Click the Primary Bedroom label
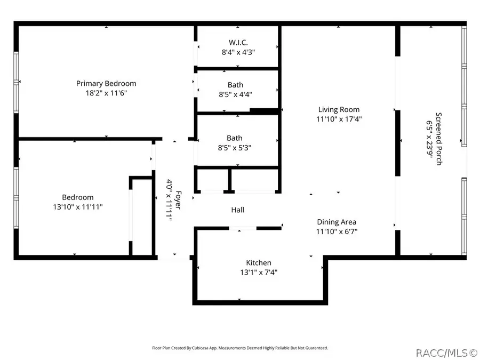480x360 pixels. pos(106,83)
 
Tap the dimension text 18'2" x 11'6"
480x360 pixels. pos(106,93)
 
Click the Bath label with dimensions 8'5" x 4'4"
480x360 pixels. pos(235,85)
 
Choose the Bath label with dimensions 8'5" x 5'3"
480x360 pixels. pos(235,138)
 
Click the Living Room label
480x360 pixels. pos(339,110)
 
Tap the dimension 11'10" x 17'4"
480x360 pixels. pos(339,119)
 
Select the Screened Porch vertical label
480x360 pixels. pos(438,139)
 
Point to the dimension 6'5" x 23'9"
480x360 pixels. pos(429,139)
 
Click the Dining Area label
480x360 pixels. pos(337,222)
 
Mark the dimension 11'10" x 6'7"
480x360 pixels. pos(337,231)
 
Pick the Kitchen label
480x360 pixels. pos(259,262)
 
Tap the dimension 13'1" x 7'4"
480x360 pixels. pos(259,272)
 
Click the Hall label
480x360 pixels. pos(238,210)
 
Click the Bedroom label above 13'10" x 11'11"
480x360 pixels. pos(78,197)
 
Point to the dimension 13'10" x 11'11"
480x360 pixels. pos(78,206)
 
